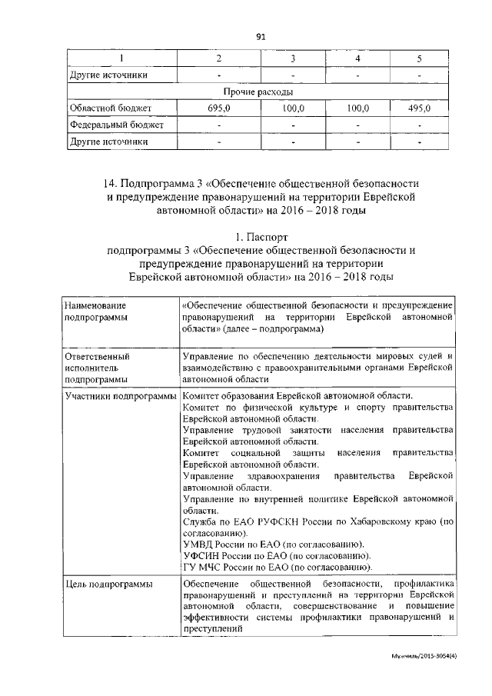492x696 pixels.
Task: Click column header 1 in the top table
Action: (x=121, y=59)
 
